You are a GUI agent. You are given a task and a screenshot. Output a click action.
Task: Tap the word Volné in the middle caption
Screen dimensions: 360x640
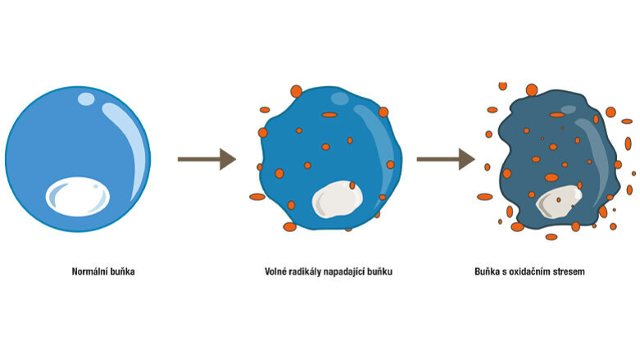tap(278, 271)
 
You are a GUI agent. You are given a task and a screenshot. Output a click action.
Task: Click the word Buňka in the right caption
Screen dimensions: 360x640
tap(488, 271)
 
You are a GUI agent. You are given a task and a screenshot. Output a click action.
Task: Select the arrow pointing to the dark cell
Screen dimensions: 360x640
tap(445, 159)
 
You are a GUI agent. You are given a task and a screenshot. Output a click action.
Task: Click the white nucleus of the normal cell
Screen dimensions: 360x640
tap(77, 195)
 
